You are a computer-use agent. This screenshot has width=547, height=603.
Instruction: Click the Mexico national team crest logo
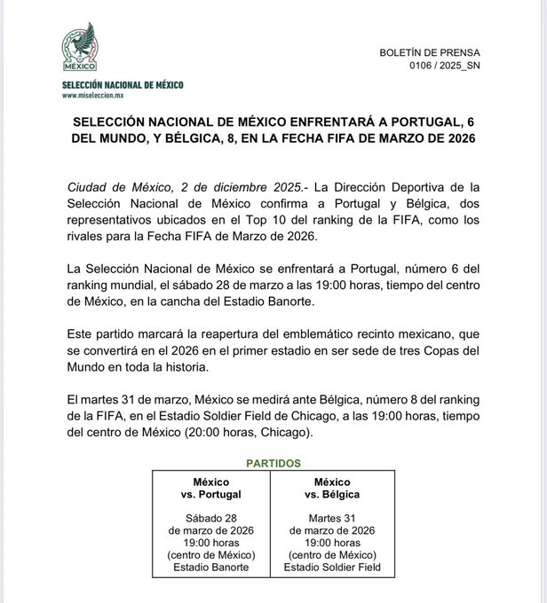77,49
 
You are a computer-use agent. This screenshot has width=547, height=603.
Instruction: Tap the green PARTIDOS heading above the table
273,463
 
